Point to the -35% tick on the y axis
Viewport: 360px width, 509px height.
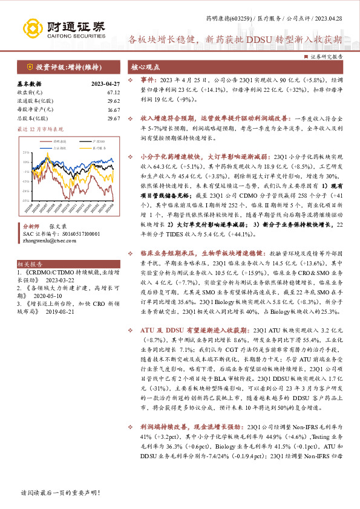26,199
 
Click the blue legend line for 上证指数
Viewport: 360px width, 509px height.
50,147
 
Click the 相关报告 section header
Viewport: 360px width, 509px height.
28,264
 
